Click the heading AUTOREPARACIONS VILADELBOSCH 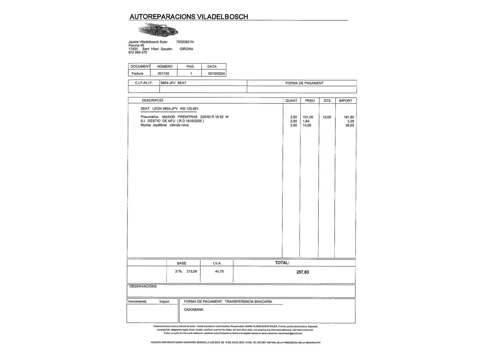pyautogui.click(x=189, y=17)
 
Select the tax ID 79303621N pyautogui.click(x=185, y=42)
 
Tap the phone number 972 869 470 pyautogui.click(x=138, y=52)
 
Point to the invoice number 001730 pyautogui.click(x=163, y=74)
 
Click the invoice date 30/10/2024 pyautogui.click(x=216, y=74)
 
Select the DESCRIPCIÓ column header pyautogui.click(x=152, y=100)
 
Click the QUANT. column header pyautogui.click(x=292, y=101)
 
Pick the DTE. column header pyautogui.click(x=328, y=101)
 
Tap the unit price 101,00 pyautogui.click(x=308, y=117)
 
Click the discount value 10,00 pyautogui.click(x=327, y=117)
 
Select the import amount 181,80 pyautogui.click(x=349, y=117)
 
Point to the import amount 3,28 pyautogui.click(x=350, y=121)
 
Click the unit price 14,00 pyautogui.click(x=307, y=125)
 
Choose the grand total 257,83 pyautogui.click(x=302, y=272)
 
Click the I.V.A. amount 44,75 pyautogui.click(x=219, y=271)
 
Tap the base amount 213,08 pyautogui.click(x=192, y=271)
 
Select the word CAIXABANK pyautogui.click(x=193, y=310)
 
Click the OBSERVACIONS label pyautogui.click(x=143, y=286)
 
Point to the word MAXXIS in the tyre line pyautogui.click(x=168, y=117)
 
